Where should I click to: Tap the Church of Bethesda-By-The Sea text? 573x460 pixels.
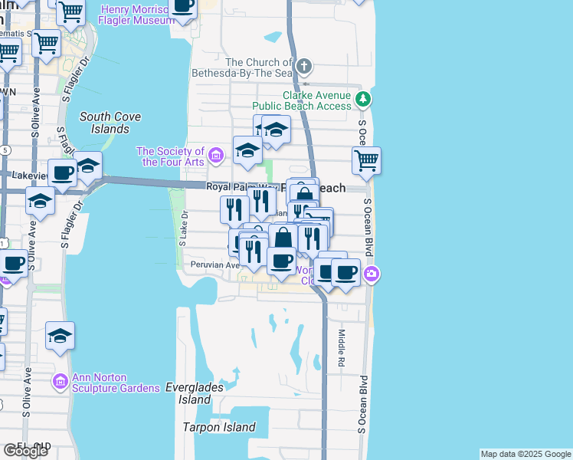click(258, 67)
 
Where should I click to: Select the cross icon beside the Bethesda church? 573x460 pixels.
click(305, 65)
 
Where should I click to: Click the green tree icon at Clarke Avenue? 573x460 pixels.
click(363, 98)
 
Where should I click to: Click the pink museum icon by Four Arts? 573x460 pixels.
click(216, 157)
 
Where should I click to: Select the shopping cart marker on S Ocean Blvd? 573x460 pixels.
click(367, 161)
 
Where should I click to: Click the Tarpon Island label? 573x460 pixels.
click(218, 427)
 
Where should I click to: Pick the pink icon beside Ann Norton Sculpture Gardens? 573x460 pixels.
click(61, 381)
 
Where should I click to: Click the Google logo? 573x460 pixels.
click(25, 450)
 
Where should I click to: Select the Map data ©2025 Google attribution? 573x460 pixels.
click(526, 454)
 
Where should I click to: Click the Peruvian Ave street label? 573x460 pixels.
click(215, 264)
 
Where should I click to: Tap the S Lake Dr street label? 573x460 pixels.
click(182, 229)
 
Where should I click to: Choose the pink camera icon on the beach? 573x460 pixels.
click(371, 274)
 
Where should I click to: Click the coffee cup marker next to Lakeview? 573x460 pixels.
click(62, 172)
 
